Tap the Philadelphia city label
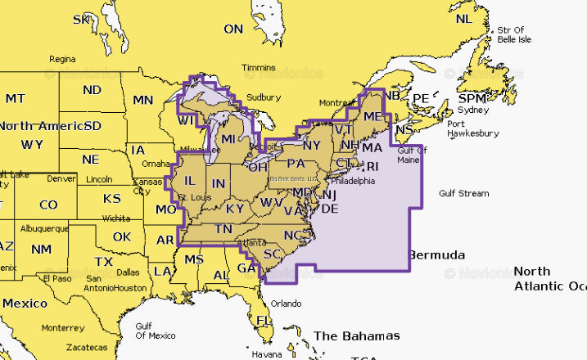click(353, 181)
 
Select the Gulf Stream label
click(463, 194)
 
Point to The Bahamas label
click(357, 336)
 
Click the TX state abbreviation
click(104, 262)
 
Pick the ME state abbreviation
click(373, 118)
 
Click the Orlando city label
click(287, 303)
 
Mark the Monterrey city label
click(62, 327)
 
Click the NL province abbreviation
click(463, 19)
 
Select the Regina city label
click(62, 59)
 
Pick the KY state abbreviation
click(234, 209)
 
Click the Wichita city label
click(116, 218)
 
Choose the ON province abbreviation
click(234, 29)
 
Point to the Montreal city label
click(336, 103)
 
